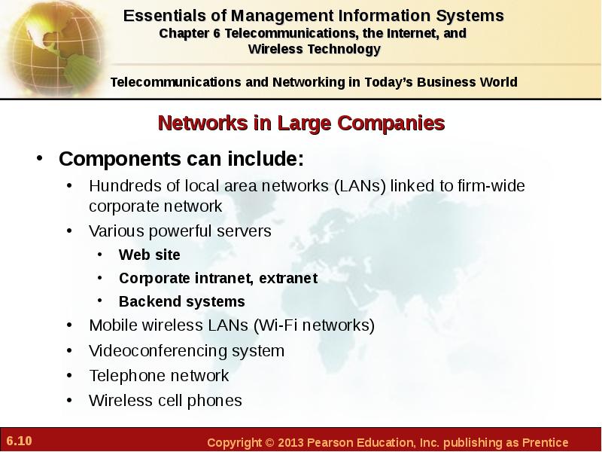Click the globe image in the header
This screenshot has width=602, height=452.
[x=53, y=48]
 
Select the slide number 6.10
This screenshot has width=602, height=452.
[x=20, y=441]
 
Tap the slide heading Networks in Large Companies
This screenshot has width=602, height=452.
[x=302, y=123]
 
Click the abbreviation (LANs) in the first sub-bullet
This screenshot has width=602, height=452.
[x=360, y=186]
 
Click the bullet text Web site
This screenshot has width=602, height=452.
[x=149, y=255]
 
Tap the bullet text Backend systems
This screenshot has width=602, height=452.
[x=182, y=301]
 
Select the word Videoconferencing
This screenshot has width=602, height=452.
[x=158, y=351]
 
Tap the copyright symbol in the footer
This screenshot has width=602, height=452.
[x=269, y=442]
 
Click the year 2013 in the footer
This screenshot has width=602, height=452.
[x=290, y=442]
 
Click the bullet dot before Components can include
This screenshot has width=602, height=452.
[x=39, y=158]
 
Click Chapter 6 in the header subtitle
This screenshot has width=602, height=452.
[x=190, y=34]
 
